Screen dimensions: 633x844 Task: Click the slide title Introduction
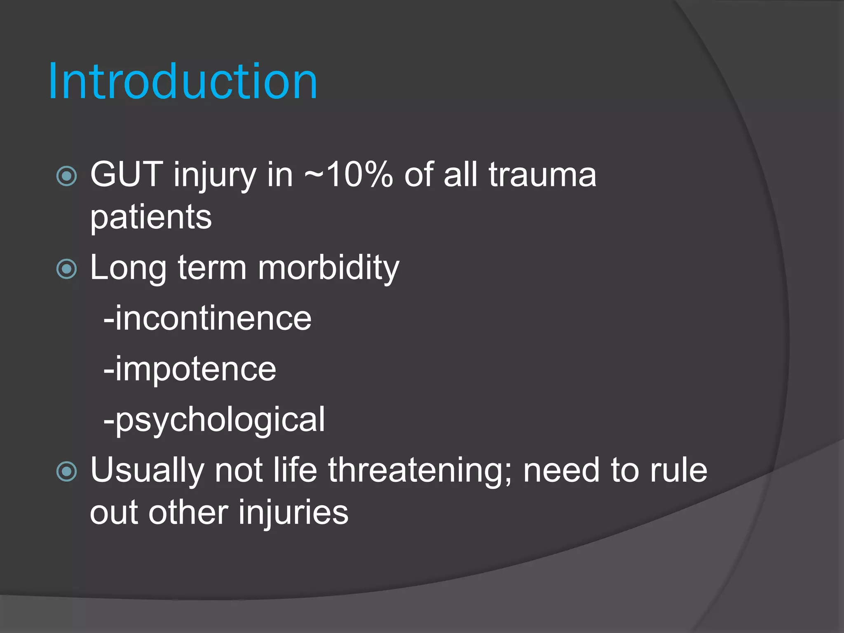pyautogui.click(x=183, y=82)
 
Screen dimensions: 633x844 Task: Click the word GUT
pyautogui.click(x=127, y=175)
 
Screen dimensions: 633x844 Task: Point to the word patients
pyautogui.click(x=151, y=217)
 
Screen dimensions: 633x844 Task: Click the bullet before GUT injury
pyautogui.click(x=66, y=176)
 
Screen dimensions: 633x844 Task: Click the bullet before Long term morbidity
pyautogui.click(x=66, y=269)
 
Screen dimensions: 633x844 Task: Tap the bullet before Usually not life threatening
pyautogui.click(x=66, y=471)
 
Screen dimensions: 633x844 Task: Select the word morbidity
pyautogui.click(x=328, y=268)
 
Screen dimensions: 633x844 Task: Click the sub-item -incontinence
pyautogui.click(x=207, y=319)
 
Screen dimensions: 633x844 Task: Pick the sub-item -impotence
pyautogui.click(x=190, y=369)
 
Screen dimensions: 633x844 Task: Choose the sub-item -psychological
pyautogui.click(x=214, y=420)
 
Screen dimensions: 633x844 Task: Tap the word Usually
pyautogui.click(x=147, y=471)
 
